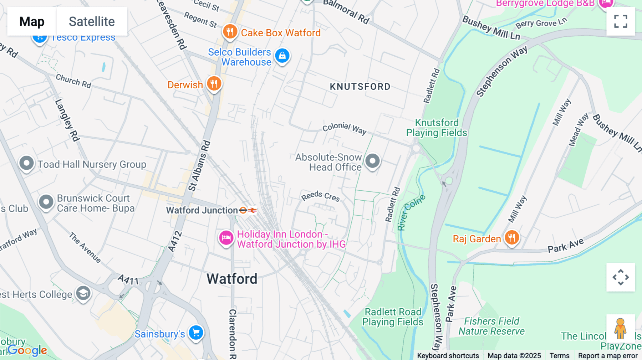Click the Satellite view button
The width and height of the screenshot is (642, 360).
click(92, 21)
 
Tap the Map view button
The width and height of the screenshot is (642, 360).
click(32, 21)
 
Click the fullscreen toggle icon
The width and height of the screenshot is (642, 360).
click(621, 21)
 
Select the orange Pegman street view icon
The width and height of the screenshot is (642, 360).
click(620, 328)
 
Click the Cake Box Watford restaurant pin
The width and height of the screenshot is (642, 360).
click(230, 32)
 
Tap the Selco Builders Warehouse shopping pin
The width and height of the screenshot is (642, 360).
click(282, 56)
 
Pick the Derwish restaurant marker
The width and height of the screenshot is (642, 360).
click(214, 84)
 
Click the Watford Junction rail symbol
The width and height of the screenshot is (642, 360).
click(248, 210)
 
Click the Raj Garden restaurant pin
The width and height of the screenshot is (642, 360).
click(512, 237)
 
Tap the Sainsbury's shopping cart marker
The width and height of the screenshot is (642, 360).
click(196, 333)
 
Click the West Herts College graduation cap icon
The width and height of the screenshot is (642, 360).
click(83, 294)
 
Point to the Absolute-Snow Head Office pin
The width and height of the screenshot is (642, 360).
click(372, 161)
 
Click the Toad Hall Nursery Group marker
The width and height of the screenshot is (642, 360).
click(26, 164)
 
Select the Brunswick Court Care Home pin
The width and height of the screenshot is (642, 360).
click(46, 202)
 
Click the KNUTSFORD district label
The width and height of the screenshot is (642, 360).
click(360, 87)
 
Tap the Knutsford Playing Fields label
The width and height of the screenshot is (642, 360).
click(437, 128)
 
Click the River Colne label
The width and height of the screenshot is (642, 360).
click(411, 213)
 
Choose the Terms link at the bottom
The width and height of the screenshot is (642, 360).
click(559, 355)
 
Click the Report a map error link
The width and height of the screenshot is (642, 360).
click(608, 355)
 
